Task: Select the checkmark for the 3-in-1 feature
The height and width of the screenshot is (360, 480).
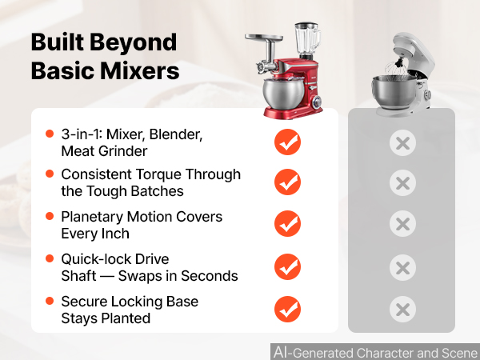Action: [287, 142]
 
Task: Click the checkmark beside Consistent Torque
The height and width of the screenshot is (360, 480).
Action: [287, 182]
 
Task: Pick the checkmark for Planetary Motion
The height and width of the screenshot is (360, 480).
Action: [287, 223]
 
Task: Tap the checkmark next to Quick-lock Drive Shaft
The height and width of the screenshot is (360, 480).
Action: [287, 266]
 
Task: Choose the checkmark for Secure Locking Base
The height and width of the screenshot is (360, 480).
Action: [287, 309]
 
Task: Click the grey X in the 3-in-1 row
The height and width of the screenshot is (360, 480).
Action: [403, 143]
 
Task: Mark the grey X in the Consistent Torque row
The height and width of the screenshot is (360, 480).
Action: [403, 183]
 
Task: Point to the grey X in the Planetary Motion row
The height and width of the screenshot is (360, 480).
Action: [403, 224]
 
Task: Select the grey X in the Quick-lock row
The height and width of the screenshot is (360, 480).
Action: [403, 267]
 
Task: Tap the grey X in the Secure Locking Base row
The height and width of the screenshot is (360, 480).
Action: [403, 309]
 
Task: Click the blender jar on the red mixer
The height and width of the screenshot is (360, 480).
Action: [307, 38]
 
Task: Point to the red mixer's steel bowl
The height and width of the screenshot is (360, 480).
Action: [283, 94]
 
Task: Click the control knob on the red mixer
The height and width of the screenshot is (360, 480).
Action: [317, 101]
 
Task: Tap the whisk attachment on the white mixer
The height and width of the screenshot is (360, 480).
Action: [397, 71]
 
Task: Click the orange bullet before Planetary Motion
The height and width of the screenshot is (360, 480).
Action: [50, 216]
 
